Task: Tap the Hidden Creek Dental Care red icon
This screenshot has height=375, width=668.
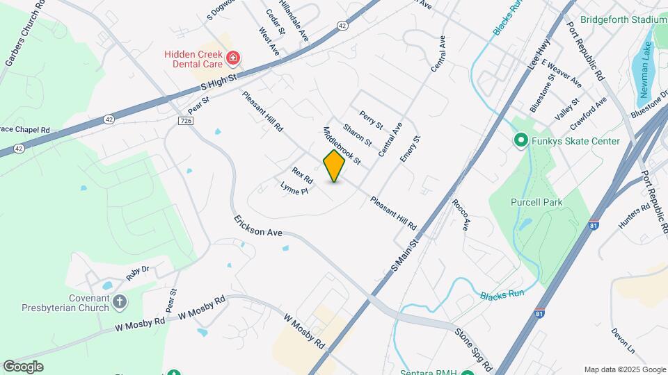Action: pyautogui.click(x=233, y=58)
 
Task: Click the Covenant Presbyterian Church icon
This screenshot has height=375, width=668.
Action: pyautogui.click(x=120, y=301)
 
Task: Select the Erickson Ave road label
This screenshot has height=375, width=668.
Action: pyautogui.click(x=257, y=227)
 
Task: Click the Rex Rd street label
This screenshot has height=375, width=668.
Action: pyautogui.click(x=303, y=175)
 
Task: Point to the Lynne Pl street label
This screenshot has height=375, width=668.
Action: pyautogui.click(x=294, y=188)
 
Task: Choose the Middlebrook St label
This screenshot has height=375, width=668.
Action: pyautogui.click(x=342, y=146)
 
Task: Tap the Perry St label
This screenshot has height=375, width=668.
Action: pyautogui.click(x=371, y=119)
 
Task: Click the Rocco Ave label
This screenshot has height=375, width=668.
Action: pyautogui.click(x=461, y=215)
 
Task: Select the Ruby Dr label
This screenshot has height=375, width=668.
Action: pyautogui.click(x=137, y=272)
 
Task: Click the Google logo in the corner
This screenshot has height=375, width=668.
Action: pyautogui.click(x=24, y=366)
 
